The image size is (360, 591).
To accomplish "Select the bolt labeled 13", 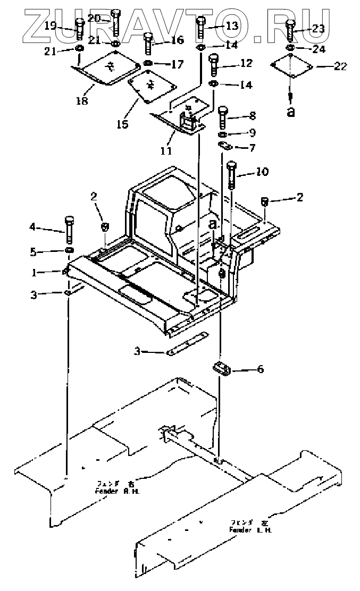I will click(x=202, y=28).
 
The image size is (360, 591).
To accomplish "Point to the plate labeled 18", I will click(x=104, y=69).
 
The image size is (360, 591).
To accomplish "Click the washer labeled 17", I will click(x=148, y=65).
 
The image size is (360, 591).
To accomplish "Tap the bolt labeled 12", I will click(x=214, y=65).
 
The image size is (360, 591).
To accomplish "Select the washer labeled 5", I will click(x=69, y=250).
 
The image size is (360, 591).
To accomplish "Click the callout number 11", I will click(x=166, y=151).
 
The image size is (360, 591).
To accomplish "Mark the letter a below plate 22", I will click(x=291, y=111).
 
